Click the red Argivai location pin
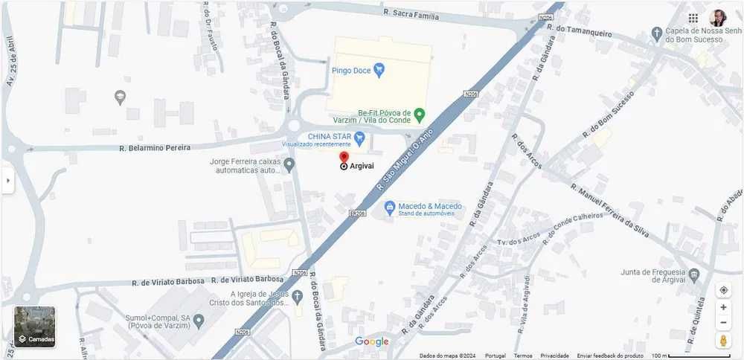point(344,158)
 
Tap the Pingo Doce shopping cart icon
point(379,71)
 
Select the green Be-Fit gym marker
point(419,115)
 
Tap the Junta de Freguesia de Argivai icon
point(693,275)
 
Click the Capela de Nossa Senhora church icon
point(656,33)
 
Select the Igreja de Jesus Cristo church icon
point(298,296)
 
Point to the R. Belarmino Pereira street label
point(155,148)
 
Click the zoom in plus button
point(723,307)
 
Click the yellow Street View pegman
point(723,340)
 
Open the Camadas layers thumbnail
point(34,327)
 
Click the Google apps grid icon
point(693,18)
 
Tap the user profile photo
point(717,18)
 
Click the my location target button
point(723,290)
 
